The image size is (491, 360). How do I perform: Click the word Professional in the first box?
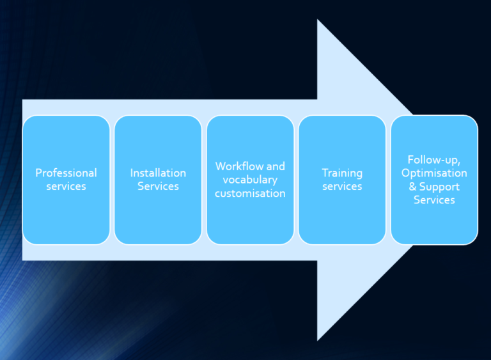pyautogui.click(x=66, y=173)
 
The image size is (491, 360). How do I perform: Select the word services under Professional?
pyautogui.click(x=66, y=187)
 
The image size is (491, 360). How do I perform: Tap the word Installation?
pyautogui.click(x=158, y=173)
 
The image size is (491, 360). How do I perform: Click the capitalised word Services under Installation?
pyautogui.click(x=158, y=187)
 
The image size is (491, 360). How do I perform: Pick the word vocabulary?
pyautogui.click(x=250, y=180)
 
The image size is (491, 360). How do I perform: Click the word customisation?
pyautogui.click(x=250, y=193)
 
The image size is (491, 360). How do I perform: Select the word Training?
pyautogui.click(x=342, y=173)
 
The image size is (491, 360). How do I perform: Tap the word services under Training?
pyautogui.click(x=342, y=187)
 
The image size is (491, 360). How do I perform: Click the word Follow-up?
pyautogui.click(x=434, y=160)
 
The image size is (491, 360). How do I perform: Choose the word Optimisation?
pyautogui.click(x=434, y=173)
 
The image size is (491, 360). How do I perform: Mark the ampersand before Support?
pyautogui.click(x=413, y=187)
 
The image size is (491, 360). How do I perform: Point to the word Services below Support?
pyautogui.click(x=434, y=200)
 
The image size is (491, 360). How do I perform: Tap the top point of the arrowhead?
pyautogui.click(x=318, y=20)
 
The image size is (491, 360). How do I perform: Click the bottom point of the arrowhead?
pyautogui.click(x=318, y=340)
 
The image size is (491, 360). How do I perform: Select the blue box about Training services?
pyautogui.click(x=342, y=217)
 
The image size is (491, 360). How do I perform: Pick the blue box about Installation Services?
pyautogui.click(x=158, y=217)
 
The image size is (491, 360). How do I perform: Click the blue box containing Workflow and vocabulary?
pyautogui.click(x=250, y=221)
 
